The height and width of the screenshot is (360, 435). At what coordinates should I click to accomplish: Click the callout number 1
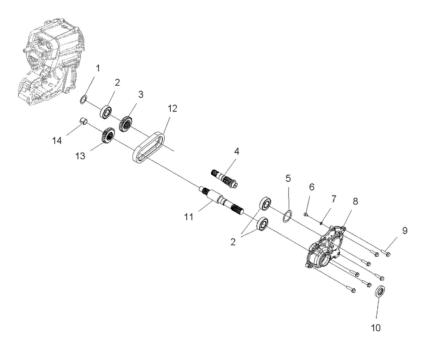[x=98, y=69]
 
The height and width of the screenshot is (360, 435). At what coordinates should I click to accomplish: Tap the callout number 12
[x=172, y=109]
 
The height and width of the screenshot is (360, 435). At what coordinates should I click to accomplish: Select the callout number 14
[x=57, y=140]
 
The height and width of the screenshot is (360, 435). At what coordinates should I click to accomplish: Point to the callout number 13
[x=80, y=156]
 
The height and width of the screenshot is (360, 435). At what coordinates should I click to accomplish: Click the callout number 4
[x=236, y=152]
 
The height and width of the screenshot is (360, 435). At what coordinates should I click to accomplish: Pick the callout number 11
[x=189, y=217]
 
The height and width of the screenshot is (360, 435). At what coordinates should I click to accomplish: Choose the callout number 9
[x=405, y=231]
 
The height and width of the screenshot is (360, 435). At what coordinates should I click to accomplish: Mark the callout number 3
[x=141, y=94]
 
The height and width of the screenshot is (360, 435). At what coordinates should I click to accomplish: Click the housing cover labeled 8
[x=325, y=248]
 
